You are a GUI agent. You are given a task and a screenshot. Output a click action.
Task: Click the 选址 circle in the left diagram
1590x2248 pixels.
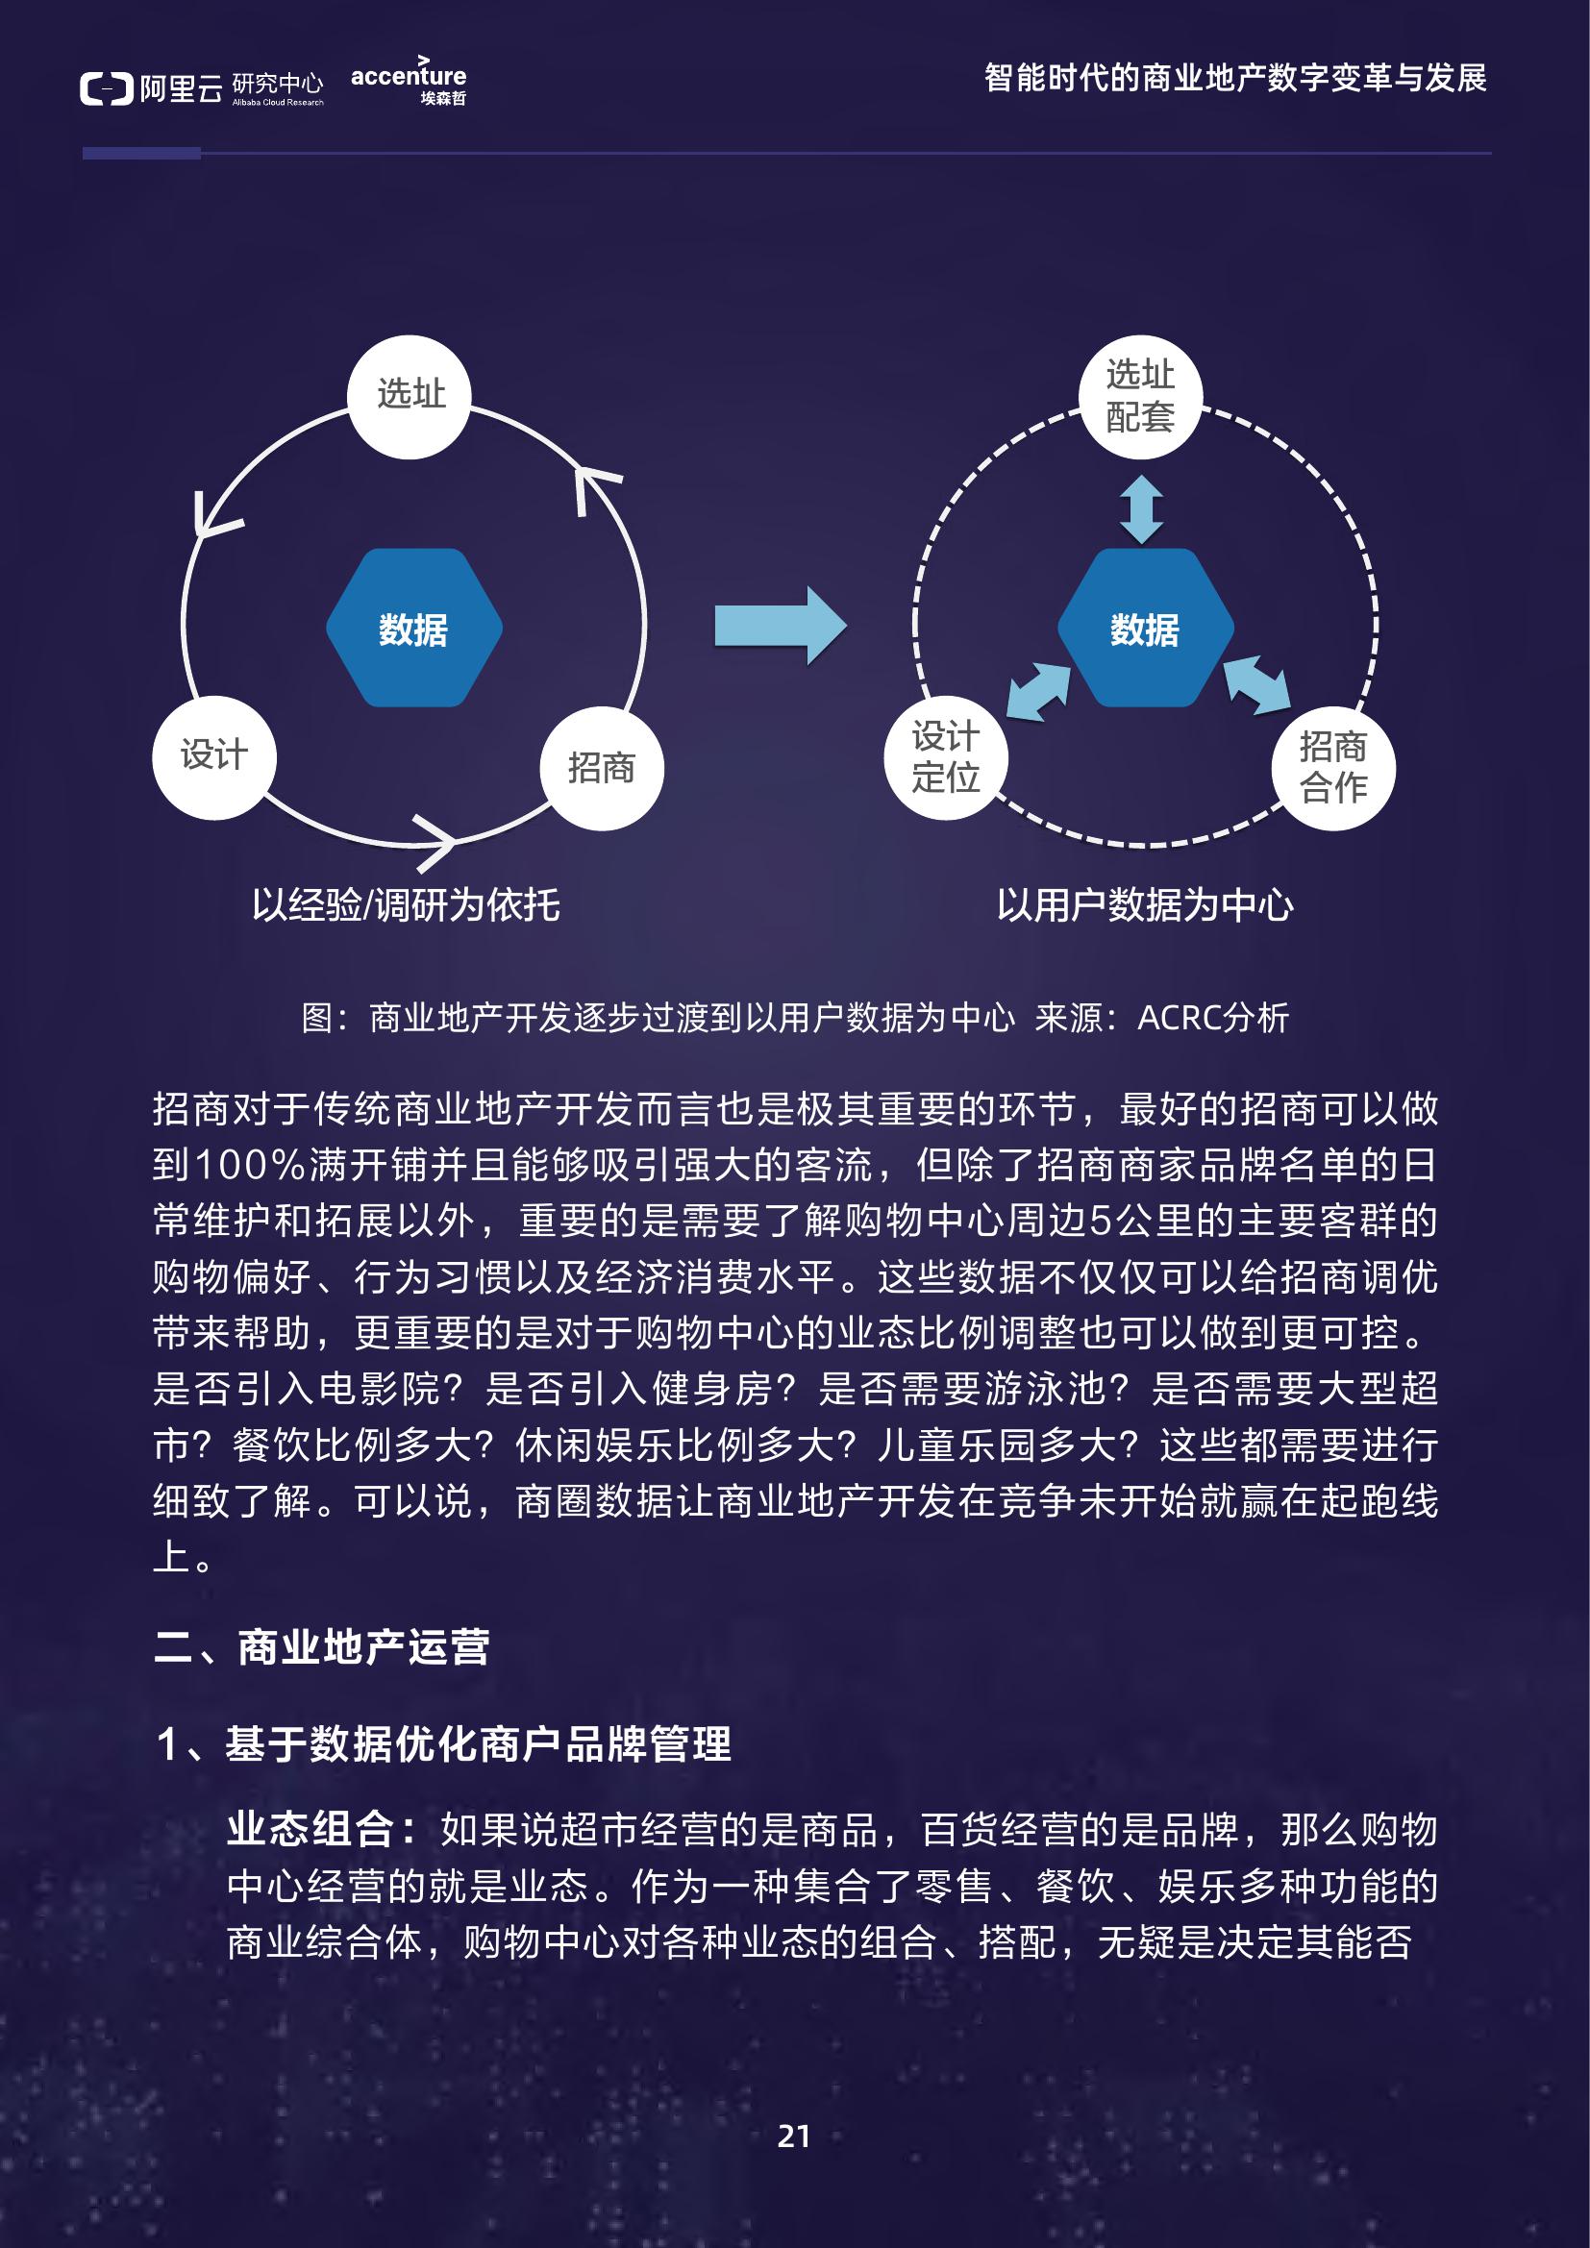[410, 397]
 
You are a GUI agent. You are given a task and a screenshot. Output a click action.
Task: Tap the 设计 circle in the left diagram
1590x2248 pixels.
[214, 756]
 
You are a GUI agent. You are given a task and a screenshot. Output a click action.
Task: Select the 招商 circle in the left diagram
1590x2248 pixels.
[601, 769]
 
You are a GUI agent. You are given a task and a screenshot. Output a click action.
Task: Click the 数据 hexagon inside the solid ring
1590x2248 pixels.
[414, 629]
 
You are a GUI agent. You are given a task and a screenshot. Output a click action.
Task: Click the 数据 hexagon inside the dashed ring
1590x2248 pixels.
[1146, 629]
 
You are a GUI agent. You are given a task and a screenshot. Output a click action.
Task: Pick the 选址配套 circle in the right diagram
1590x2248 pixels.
[1141, 397]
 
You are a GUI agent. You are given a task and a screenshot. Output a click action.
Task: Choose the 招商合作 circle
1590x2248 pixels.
[1333, 769]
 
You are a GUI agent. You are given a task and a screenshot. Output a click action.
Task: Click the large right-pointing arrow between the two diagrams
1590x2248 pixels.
[781, 626]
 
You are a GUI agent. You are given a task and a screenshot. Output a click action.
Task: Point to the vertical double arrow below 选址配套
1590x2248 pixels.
[1142, 510]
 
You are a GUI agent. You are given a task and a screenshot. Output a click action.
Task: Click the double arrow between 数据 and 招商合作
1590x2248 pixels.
[1257, 684]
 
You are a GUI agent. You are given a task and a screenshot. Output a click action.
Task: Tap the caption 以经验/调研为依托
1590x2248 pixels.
[407, 904]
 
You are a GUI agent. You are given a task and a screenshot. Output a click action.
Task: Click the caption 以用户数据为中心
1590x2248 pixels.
[1145, 904]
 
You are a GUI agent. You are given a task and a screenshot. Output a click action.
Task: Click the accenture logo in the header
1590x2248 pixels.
[409, 81]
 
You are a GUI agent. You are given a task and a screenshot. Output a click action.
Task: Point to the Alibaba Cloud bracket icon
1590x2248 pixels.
[106, 89]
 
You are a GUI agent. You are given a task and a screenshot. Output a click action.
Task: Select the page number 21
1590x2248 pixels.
[794, 2137]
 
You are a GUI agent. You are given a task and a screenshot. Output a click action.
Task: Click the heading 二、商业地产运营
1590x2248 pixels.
[321, 1648]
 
